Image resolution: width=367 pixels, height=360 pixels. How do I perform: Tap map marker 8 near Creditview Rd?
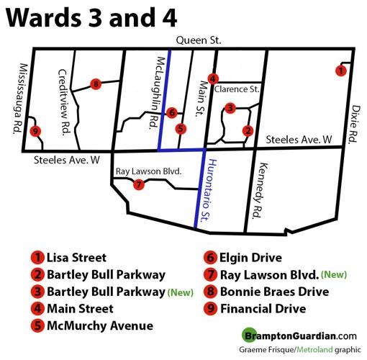point(96,84)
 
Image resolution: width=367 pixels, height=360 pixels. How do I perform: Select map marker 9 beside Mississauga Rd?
point(35,132)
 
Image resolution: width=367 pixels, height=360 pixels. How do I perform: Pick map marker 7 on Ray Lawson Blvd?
point(139,184)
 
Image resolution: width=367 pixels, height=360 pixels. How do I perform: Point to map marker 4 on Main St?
point(212,78)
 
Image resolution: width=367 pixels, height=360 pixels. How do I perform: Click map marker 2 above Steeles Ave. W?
point(248,130)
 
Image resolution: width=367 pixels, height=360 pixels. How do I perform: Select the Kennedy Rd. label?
point(256,189)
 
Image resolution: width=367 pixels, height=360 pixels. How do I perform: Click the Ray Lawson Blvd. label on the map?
point(148,172)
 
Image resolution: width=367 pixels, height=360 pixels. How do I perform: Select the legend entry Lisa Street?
point(76,257)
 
